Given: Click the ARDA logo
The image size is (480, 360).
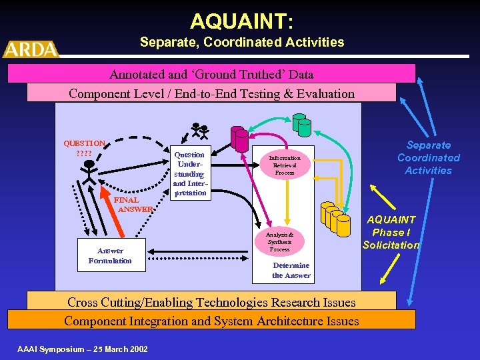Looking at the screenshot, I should (31, 49).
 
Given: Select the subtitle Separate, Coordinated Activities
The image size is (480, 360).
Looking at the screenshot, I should (242, 43).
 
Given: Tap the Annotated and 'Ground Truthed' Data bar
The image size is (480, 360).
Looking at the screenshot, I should (211, 74).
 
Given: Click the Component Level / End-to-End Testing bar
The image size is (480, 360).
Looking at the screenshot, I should (211, 93).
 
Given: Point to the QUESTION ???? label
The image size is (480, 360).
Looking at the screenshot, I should (84, 148).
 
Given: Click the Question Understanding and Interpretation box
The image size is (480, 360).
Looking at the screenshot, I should (189, 173).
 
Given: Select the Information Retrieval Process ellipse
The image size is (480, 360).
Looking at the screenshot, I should (285, 165).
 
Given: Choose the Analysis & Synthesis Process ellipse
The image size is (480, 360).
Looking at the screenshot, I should (280, 241).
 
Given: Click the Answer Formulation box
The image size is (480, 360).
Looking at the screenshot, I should (111, 256).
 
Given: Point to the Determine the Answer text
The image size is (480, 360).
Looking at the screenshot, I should (291, 270).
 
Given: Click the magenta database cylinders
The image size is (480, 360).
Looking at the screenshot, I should (239, 139).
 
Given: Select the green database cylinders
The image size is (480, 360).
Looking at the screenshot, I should (297, 125).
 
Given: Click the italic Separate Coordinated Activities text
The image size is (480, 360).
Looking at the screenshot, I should (429, 158).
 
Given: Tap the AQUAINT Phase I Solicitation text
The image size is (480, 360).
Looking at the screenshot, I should (391, 232).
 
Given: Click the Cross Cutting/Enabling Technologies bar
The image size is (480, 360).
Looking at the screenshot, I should (211, 302).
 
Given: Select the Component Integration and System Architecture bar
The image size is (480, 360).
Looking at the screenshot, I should (211, 321).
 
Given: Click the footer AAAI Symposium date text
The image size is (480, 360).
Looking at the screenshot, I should (83, 349).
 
